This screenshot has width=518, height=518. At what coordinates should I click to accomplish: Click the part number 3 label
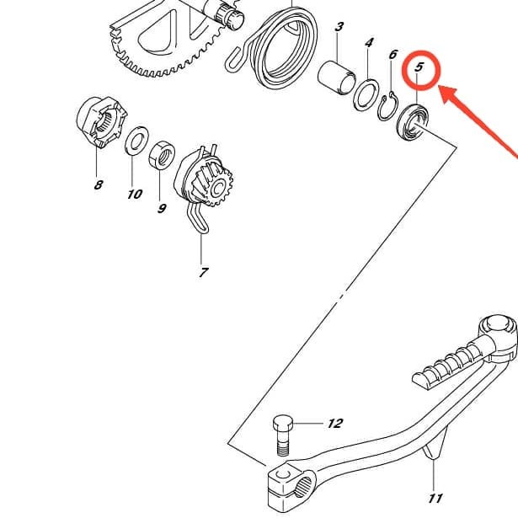339,27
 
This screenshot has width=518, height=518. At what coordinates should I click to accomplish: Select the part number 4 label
369,42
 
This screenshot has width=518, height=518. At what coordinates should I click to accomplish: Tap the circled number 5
419,65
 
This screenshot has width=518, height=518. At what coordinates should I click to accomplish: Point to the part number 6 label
393,55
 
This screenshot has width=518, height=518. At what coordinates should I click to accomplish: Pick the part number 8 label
99,184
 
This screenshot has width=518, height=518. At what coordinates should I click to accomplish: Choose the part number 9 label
162,207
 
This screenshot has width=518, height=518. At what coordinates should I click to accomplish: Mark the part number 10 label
135,194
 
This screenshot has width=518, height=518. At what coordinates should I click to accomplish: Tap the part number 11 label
436,497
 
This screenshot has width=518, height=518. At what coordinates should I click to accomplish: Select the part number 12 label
334,423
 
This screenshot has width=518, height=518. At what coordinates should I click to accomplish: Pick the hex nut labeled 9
161,157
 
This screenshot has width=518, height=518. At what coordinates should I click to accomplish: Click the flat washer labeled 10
134,140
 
